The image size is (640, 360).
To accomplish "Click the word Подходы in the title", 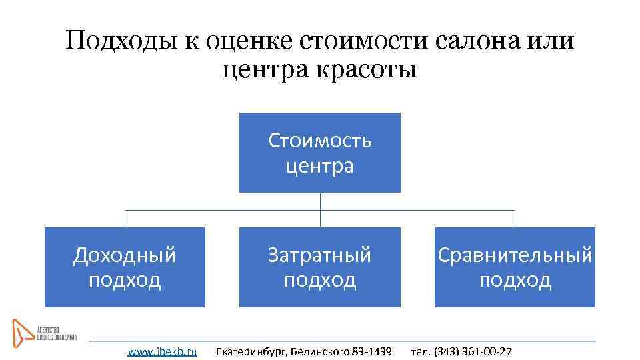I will [x=120, y=41].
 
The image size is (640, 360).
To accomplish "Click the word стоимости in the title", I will [x=364, y=41].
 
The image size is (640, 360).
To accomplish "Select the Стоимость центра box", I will [x=320, y=153].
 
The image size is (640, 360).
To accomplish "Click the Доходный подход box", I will [x=125, y=267].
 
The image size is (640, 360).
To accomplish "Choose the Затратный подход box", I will [x=320, y=267].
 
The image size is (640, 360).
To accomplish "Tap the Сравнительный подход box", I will [x=515, y=267].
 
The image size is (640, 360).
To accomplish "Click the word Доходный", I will [x=125, y=255].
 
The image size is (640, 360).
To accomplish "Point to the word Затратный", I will [x=320, y=255].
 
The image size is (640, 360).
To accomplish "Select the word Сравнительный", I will [x=515, y=255].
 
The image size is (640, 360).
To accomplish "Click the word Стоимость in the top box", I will [x=320, y=141].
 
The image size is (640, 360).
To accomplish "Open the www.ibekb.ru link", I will [x=162, y=351].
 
